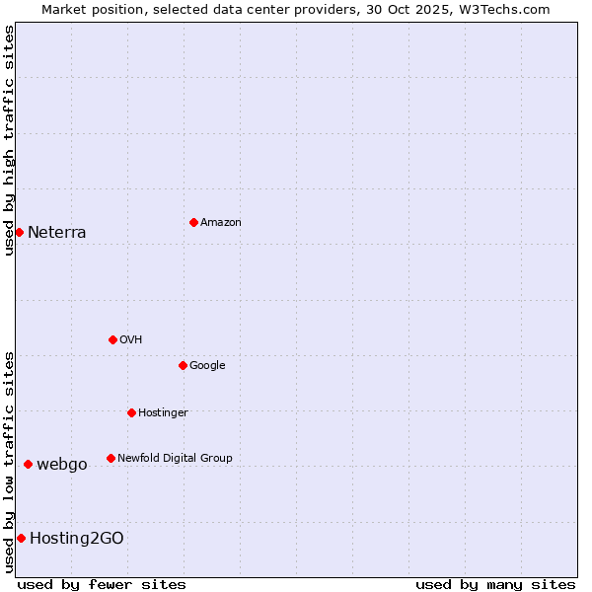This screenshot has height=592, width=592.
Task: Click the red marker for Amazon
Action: [193, 222]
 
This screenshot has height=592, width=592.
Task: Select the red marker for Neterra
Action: [19, 232]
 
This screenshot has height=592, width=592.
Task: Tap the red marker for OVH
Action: [112, 339]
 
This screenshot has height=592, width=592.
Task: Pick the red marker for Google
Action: [183, 365]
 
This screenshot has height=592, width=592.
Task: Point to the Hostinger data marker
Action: [131, 412]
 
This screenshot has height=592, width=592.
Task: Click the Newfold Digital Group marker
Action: [111, 458]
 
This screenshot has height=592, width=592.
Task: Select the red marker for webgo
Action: [28, 464]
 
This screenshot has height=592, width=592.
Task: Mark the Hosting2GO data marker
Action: [21, 538]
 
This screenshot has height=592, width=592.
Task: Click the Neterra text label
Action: [57, 233]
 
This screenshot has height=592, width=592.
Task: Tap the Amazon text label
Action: [221, 223]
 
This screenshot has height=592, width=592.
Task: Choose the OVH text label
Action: [131, 340]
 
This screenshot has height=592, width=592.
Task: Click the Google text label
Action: [207, 366]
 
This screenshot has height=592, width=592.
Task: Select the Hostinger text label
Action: [163, 413]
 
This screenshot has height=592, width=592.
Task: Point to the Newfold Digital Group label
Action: [175, 459]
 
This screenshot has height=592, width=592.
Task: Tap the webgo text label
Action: [62, 465]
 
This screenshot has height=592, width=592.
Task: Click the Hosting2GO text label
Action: [77, 539]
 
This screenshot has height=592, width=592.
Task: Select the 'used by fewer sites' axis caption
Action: [102, 584]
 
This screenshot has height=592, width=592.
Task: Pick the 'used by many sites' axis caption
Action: [495, 584]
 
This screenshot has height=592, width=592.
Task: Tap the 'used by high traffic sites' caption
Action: [9, 139]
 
